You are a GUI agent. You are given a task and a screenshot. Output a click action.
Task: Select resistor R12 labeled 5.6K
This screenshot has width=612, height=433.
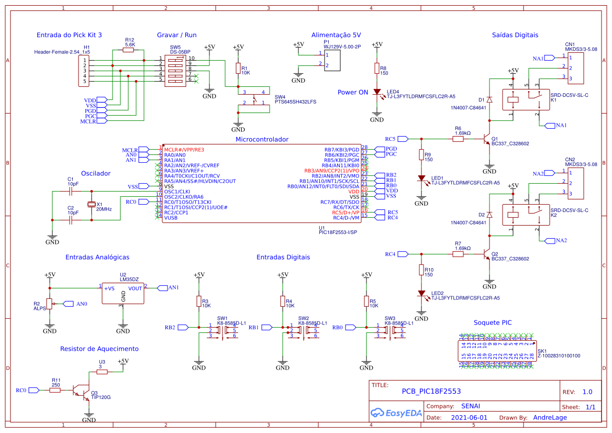(x=128, y=50)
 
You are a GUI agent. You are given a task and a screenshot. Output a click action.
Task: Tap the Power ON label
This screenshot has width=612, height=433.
(x=352, y=93)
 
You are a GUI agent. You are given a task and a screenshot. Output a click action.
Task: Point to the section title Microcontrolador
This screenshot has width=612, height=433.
(x=262, y=139)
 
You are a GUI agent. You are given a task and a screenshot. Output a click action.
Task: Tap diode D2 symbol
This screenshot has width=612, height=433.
(x=489, y=215)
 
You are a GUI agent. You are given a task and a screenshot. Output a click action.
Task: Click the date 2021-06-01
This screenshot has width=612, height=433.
(x=469, y=418)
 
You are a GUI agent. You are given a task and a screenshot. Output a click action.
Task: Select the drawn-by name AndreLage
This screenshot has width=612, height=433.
(x=550, y=418)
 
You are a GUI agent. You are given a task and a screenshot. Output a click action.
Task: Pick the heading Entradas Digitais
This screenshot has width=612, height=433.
(x=283, y=257)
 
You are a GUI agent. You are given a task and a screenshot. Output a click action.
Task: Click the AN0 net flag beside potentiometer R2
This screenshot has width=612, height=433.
(x=68, y=304)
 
